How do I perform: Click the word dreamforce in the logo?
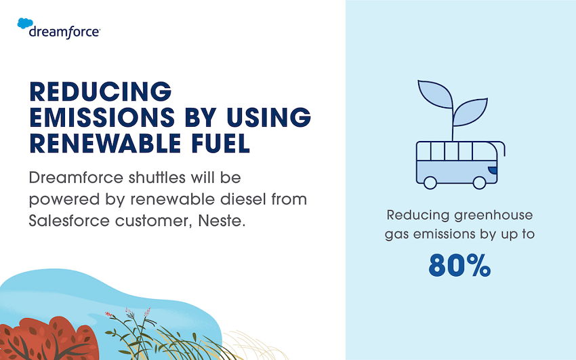tap(64, 31)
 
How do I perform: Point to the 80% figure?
tap(459, 266)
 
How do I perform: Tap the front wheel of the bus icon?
tap(479, 182)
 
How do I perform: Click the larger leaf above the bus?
tap(436, 99)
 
